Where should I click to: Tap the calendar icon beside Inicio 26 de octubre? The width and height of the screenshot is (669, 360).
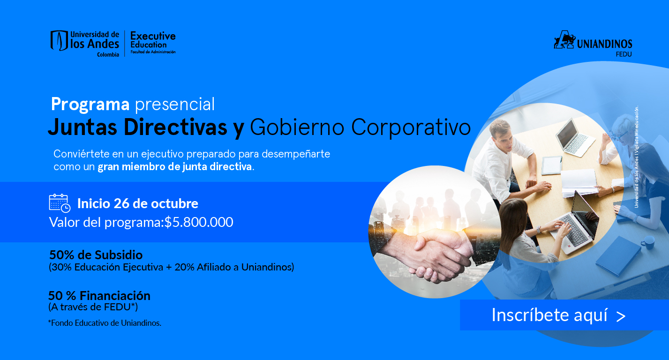click(x=60, y=203)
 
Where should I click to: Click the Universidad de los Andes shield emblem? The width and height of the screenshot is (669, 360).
click(x=59, y=40)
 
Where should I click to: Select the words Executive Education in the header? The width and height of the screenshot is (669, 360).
click(x=153, y=40)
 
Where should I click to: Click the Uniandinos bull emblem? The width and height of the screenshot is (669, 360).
click(x=564, y=39)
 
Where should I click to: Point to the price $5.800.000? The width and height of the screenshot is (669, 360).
click(x=199, y=222)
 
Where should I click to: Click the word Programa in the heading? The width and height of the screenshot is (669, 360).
click(x=90, y=105)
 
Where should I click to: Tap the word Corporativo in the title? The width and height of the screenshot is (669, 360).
click(x=411, y=127)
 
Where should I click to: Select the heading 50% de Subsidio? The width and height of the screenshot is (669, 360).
click(x=96, y=255)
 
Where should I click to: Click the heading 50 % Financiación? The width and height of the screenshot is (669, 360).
click(x=99, y=296)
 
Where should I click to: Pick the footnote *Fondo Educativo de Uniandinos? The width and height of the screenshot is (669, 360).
click(x=105, y=323)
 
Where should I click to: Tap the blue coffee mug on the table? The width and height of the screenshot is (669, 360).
click(x=648, y=242)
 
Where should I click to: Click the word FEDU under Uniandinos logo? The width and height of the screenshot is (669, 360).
click(x=624, y=54)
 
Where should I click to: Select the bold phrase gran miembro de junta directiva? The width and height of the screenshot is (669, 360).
click(x=175, y=166)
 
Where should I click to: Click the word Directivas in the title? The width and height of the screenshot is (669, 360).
click(x=175, y=127)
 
